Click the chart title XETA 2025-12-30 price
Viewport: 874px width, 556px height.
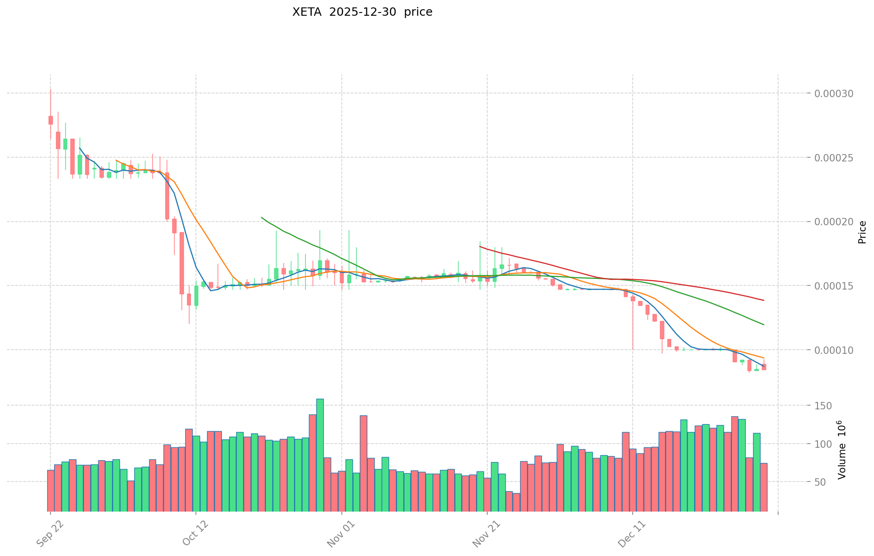[362, 12]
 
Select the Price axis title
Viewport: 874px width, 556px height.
[862, 232]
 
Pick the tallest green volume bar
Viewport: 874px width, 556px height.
[320, 455]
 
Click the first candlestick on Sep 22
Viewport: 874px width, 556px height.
[50, 120]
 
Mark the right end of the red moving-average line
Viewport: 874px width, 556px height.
[764, 300]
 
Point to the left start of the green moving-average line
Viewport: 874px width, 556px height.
[262, 217]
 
